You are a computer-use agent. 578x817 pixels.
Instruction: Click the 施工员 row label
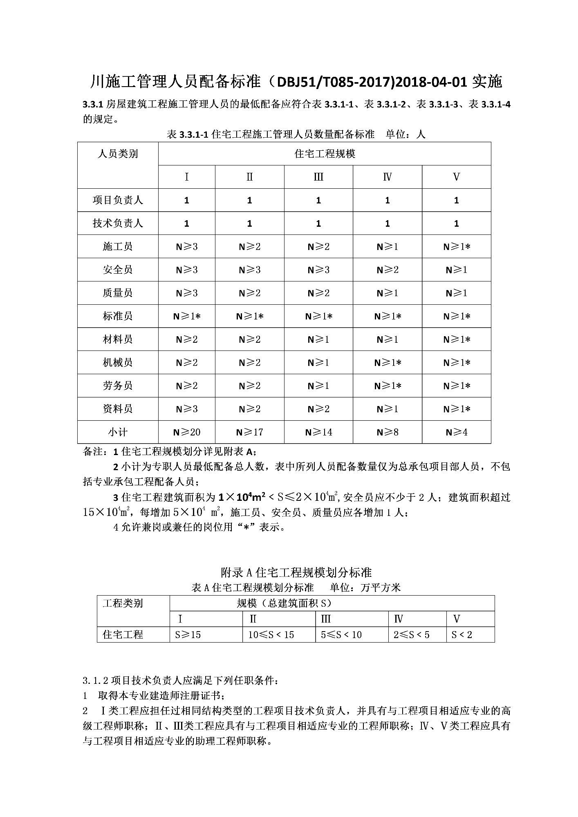(118, 246)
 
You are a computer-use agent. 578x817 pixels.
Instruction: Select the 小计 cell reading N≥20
(186, 432)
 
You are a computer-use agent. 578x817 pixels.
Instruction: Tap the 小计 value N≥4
(456, 432)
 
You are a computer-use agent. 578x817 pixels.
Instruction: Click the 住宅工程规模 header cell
(325, 154)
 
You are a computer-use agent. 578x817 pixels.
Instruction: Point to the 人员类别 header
(118, 154)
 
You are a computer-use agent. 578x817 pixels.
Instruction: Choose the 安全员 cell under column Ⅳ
(387, 270)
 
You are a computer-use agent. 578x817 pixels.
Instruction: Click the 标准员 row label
(118, 316)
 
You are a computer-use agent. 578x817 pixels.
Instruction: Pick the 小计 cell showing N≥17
(249, 432)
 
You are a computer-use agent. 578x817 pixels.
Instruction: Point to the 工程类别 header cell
(123, 603)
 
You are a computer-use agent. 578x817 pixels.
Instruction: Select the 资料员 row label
(118, 409)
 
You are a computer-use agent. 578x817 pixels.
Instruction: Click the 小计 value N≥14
(318, 432)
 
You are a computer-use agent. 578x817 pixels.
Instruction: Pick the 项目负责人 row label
(118, 200)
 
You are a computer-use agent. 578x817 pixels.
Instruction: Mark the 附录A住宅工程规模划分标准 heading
(296, 572)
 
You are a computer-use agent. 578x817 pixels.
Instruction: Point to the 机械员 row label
(118, 362)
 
